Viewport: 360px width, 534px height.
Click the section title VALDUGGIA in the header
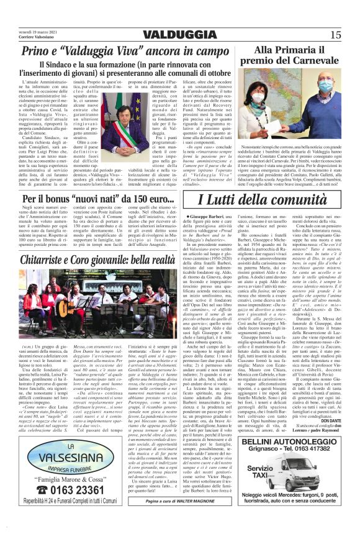180,34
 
